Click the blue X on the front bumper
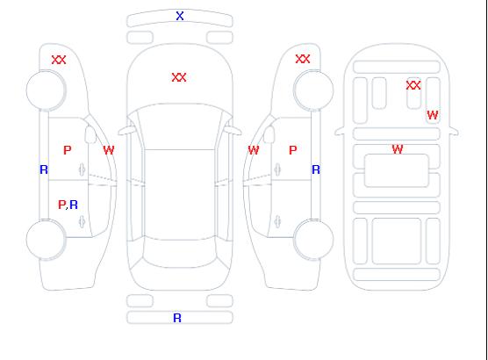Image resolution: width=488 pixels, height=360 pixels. coord(180,16)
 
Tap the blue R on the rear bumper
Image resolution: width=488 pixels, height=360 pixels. coord(177,318)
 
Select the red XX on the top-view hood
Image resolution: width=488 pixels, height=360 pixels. coord(179,77)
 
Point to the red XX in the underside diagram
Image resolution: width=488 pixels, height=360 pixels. coord(413,85)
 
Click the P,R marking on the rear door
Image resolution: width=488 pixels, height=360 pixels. coord(68,205)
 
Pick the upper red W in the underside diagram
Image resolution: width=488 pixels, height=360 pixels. coord(433,115)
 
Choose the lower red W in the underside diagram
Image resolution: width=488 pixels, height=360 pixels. coord(398,149)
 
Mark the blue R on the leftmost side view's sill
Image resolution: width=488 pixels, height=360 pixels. coord(44,169)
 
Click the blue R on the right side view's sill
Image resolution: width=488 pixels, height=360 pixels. coord(316,169)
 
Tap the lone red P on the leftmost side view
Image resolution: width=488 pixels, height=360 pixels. coord(68,150)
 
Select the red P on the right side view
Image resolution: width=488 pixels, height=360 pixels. coord(293,150)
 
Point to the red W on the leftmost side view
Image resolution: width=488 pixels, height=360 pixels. coord(109,150)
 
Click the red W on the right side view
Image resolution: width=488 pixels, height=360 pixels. coord(254,150)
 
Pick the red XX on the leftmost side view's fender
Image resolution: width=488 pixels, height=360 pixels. coord(59,60)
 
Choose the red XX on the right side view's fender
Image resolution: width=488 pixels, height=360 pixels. coord(303,59)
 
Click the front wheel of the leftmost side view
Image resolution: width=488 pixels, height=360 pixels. coord(46,90)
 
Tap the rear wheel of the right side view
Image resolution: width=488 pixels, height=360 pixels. coord(313,240)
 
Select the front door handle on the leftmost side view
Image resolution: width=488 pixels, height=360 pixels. coord(82,169)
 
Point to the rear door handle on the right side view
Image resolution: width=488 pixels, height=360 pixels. coord(277,221)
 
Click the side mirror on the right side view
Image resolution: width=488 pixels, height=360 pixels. coord(269,134)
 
